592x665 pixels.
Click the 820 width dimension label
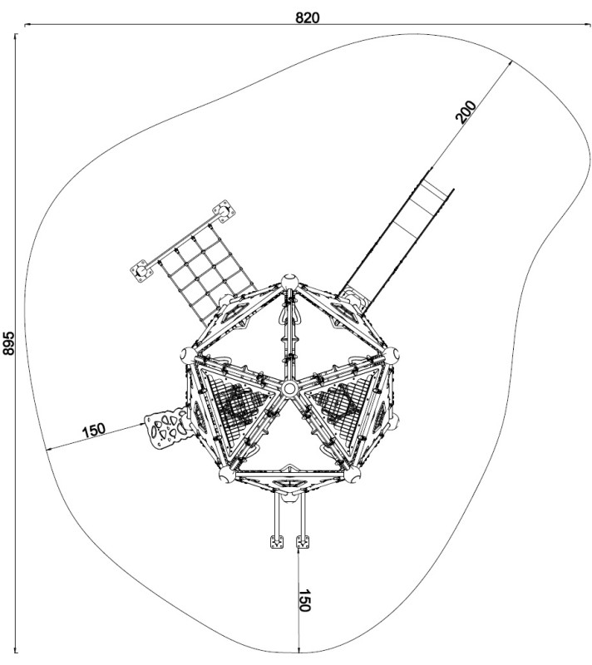click(x=308, y=17)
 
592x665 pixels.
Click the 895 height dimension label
click(x=9, y=343)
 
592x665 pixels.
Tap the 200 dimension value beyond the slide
click(x=466, y=111)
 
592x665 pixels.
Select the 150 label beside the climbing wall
click(x=94, y=430)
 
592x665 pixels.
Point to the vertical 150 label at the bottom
click(x=305, y=600)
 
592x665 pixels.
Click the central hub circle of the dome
click(x=289, y=387)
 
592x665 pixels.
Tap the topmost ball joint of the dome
click(x=289, y=282)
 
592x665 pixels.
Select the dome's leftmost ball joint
click(x=188, y=355)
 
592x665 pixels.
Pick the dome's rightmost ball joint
click(x=391, y=355)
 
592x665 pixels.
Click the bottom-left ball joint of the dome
click(x=227, y=475)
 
